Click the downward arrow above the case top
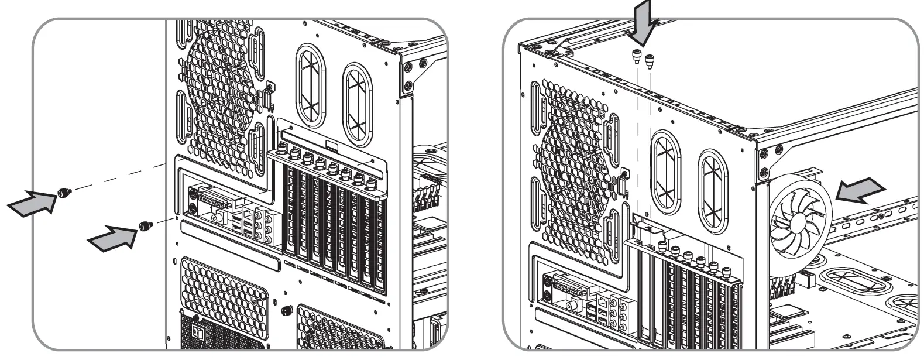pyautogui.click(x=643, y=22)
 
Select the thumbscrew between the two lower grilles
pyautogui.click(x=287, y=308)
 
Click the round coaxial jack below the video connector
pyautogui.click(x=215, y=218)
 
